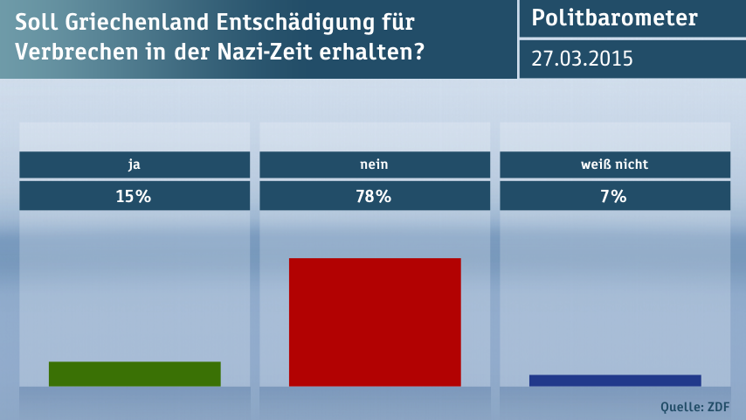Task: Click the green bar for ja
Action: pyautogui.click(x=135, y=374)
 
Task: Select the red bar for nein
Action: pyautogui.click(x=375, y=322)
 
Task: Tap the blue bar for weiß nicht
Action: pyautogui.click(x=615, y=380)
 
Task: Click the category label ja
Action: pyautogui.click(x=134, y=164)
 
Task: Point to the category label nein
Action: pyautogui.click(x=374, y=164)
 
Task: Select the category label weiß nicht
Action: pyautogui.click(x=614, y=164)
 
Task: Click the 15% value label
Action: pyautogui.click(x=134, y=197)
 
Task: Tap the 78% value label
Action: pyautogui.click(x=374, y=197)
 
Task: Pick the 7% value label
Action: pyautogui.click(x=614, y=197)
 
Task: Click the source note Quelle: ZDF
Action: pyautogui.click(x=695, y=406)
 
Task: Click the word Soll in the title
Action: pyautogui.click(x=33, y=22)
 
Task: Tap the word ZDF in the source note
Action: pyautogui.click(x=717, y=406)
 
